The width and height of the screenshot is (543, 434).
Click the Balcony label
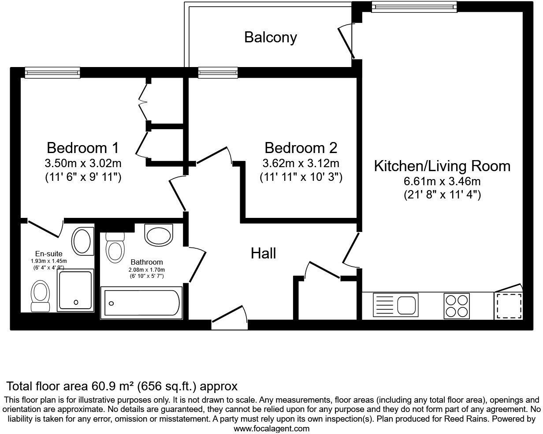270,37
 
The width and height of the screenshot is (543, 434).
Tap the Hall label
263,253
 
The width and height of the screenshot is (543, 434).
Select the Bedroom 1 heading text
82,147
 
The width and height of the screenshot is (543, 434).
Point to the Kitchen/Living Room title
442,166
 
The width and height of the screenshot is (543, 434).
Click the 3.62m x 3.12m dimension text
301,164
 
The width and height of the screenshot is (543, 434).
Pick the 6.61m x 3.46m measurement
442,181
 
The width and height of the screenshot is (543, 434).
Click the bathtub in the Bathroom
141,303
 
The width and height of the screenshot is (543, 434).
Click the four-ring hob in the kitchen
456,306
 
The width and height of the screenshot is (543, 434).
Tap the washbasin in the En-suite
82,241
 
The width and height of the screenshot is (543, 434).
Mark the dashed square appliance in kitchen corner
509,306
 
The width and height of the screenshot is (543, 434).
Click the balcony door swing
346,42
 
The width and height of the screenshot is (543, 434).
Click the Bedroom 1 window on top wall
52,73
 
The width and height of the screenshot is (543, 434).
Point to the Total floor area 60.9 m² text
122,387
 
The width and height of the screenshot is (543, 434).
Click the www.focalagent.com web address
271,428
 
